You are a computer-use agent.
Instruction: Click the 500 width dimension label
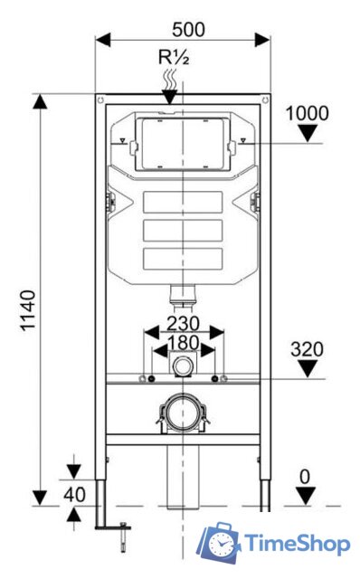click(x=188, y=30)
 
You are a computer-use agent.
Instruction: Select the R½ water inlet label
click(x=174, y=57)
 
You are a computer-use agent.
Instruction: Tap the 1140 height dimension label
click(x=28, y=310)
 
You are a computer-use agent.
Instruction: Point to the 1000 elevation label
click(x=308, y=113)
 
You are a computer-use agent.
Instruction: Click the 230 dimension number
click(x=183, y=324)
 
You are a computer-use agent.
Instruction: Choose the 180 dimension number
click(x=184, y=343)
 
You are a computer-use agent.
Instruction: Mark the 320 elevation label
click(x=307, y=349)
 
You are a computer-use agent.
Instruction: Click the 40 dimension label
click(x=74, y=495)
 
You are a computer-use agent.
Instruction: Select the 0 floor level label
click(x=305, y=477)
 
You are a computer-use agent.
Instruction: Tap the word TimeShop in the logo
click(x=298, y=544)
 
